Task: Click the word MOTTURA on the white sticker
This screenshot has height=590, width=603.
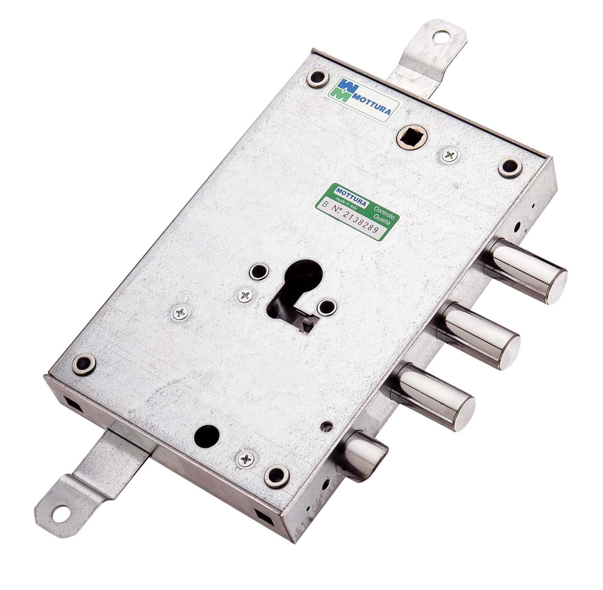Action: (x=374, y=109)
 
